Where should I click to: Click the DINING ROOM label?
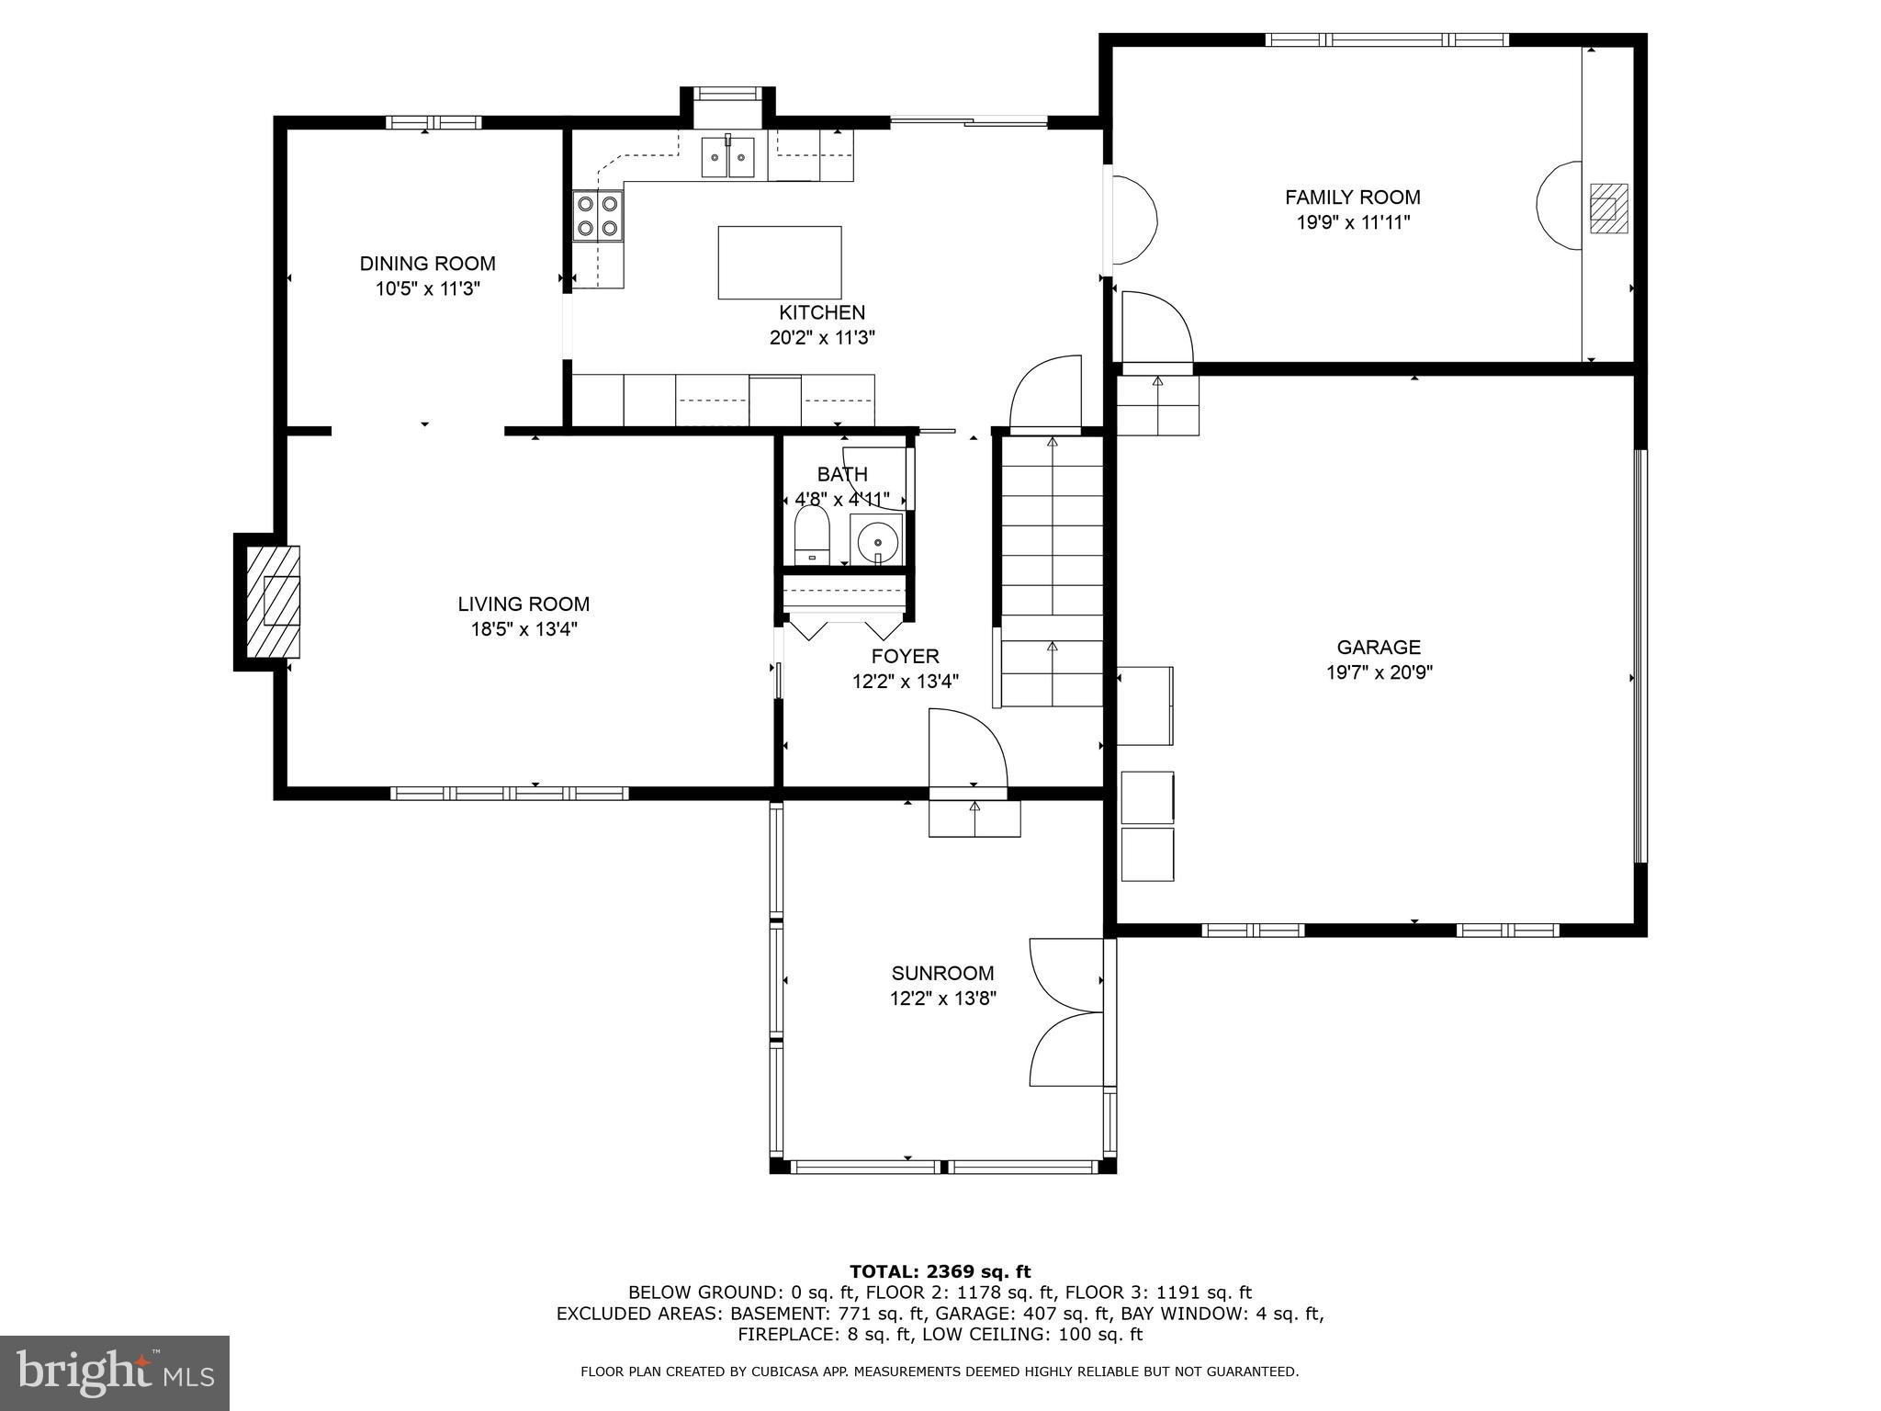point(427,264)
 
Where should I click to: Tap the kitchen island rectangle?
point(779,262)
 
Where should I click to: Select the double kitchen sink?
point(728,158)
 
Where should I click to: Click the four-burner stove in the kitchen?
point(597,216)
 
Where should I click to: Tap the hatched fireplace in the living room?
point(273,602)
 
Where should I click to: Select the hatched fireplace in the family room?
point(1608,209)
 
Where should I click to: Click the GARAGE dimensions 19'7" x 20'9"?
point(1379,672)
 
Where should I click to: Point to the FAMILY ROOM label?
point(1352,197)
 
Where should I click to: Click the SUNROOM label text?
point(942,973)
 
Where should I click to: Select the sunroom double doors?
point(1065,1012)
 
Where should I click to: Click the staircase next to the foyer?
point(1052,570)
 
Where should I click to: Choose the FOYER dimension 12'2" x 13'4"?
point(905,682)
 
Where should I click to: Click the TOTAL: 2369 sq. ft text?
point(940,1271)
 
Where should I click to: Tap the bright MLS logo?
point(115,1373)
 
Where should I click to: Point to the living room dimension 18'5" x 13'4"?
point(524,629)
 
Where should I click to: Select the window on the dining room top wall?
point(433,122)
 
